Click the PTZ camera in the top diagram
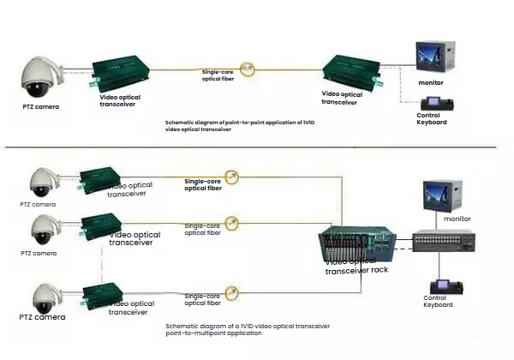click(41, 78)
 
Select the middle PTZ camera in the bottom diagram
click(44, 228)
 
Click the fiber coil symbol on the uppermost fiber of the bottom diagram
click(231, 177)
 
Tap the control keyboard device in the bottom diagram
click(444, 287)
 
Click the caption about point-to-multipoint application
click(248, 329)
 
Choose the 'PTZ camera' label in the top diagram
click(40, 107)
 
